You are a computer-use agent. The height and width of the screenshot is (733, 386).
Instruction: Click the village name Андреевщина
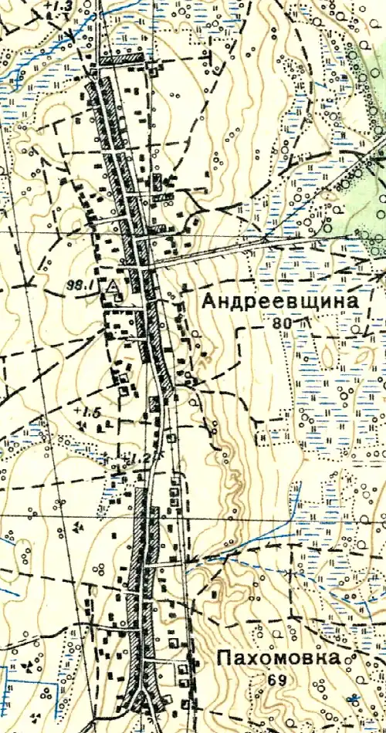click(281, 302)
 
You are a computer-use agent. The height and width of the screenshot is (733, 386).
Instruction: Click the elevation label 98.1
click(80, 285)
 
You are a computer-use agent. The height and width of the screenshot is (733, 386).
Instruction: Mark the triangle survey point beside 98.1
click(112, 287)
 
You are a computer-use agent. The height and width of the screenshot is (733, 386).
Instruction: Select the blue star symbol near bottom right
click(354, 699)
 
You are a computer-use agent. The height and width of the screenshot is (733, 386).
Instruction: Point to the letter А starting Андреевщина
click(208, 302)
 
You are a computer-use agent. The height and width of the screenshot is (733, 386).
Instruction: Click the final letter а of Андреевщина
click(354, 302)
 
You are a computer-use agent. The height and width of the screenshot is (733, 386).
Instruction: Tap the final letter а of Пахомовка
click(333, 659)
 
